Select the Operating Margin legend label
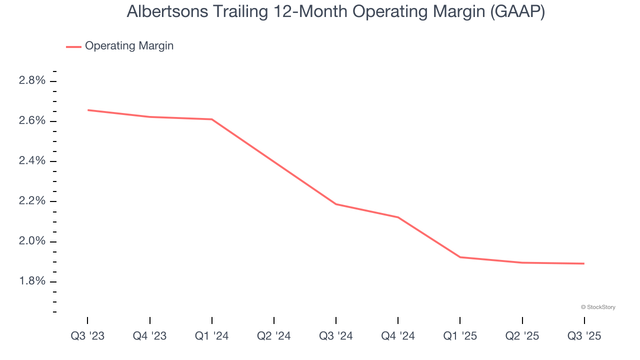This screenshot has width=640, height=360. (x=129, y=46)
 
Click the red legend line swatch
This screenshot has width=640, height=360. (x=73, y=46)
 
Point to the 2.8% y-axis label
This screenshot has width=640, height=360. (x=32, y=81)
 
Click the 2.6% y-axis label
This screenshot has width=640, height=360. (x=32, y=121)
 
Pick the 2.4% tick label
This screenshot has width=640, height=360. (x=32, y=161)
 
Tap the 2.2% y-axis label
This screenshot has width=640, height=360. (x=32, y=201)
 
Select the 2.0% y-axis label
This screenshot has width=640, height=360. (x=32, y=241)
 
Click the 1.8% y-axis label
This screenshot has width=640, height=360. (x=32, y=281)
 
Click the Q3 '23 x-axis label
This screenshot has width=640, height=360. (x=87, y=336)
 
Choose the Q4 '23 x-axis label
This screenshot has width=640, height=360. (x=149, y=336)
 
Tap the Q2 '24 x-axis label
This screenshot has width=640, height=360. (x=274, y=336)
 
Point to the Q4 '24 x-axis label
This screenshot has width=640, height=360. (x=398, y=336)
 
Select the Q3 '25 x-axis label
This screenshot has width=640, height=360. (x=584, y=336)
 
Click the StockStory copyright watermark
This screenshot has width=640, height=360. (x=598, y=307)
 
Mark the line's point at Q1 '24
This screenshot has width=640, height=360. (x=212, y=119)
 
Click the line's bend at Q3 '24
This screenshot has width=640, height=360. (x=336, y=204)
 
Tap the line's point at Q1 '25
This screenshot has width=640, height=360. (x=460, y=257)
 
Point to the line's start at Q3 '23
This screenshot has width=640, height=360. (x=88, y=110)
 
